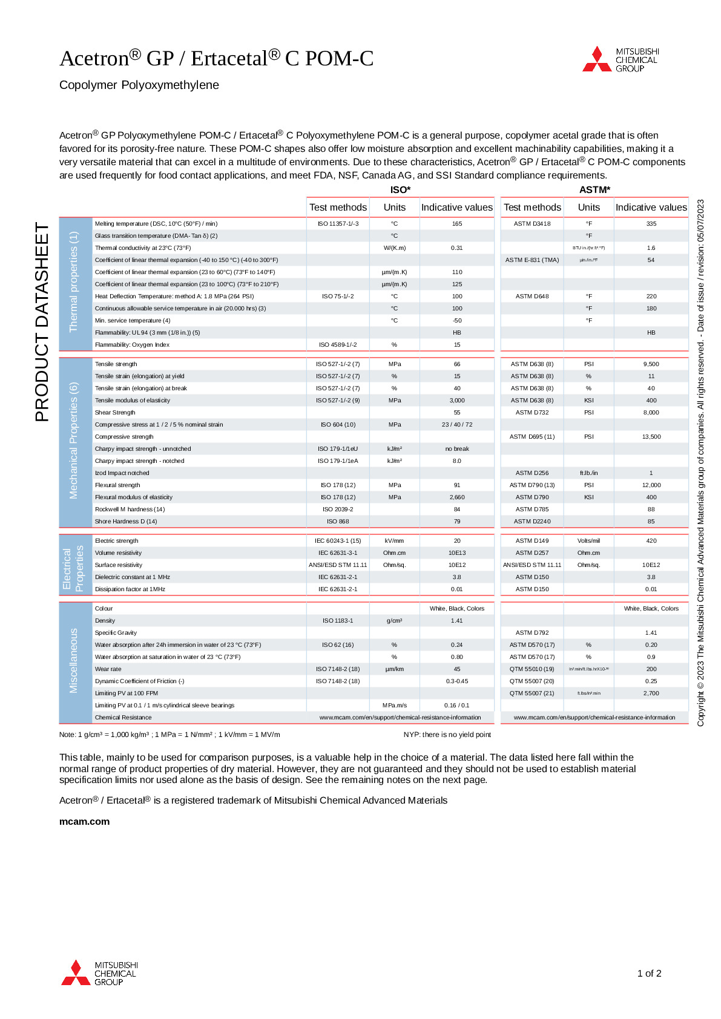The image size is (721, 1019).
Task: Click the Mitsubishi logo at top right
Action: [x=621, y=59]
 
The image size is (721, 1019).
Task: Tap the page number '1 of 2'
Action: [x=649, y=973]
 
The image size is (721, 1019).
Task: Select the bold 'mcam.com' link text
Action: [x=84, y=821]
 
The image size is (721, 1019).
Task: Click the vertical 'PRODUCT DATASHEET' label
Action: [x=42, y=322]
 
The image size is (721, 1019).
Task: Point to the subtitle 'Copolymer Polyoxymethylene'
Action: [x=139, y=85]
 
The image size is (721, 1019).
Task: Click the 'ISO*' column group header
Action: [x=400, y=189]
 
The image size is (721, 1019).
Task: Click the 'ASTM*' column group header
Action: [x=594, y=189]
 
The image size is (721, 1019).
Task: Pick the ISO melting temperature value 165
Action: [x=457, y=224]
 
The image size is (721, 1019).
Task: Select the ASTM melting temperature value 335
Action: [x=651, y=224]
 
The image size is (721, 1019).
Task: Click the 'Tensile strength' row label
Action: [x=116, y=364]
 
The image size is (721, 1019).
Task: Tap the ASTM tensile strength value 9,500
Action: [x=651, y=364]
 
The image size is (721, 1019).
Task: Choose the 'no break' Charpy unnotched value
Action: [x=457, y=449]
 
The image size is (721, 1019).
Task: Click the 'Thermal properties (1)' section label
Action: [x=74, y=281]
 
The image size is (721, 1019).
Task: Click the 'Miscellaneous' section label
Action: [x=74, y=660]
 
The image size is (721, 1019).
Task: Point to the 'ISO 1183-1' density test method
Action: [x=338, y=621]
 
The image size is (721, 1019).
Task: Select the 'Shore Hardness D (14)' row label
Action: [x=126, y=522]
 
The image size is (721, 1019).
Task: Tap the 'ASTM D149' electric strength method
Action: [x=532, y=541]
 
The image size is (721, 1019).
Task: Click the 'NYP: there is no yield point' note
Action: [x=447, y=735]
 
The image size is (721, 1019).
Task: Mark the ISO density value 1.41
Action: [x=457, y=621]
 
